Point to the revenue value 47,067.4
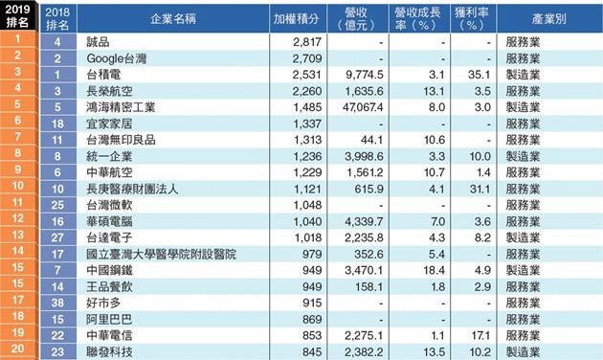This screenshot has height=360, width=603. [363, 107]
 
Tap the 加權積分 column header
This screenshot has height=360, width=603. [296, 19]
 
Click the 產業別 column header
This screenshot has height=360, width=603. [549, 19]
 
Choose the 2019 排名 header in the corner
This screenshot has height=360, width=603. [17, 15]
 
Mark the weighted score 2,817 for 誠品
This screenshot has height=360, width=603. [307, 42]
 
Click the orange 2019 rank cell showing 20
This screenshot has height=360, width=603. [17, 349]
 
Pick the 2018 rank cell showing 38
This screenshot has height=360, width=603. [57, 304]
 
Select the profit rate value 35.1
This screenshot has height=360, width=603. [480, 75]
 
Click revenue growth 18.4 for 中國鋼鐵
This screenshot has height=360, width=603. [435, 270]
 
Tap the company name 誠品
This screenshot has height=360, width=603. [98, 42]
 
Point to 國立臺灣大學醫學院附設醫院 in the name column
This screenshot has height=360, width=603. [161, 255]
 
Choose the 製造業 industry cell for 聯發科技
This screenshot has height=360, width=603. [523, 352]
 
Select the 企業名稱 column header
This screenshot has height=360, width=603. [173, 19]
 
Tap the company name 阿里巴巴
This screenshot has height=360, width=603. [109, 319]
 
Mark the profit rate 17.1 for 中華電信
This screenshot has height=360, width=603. [480, 336]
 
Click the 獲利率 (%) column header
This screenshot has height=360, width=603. [472, 19]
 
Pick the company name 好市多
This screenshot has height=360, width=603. [103, 304]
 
